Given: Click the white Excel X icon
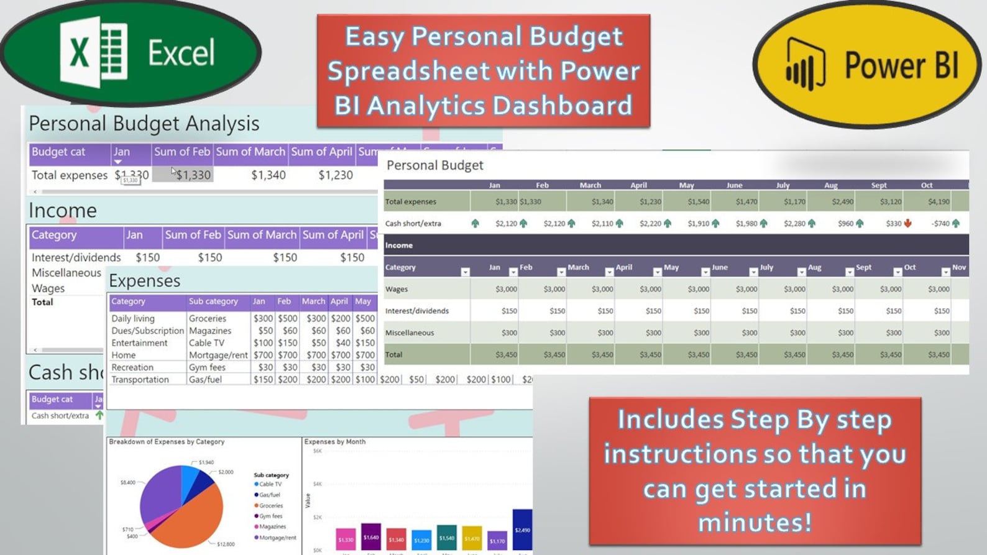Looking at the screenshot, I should (x=80, y=52).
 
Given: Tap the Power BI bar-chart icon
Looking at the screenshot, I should (x=805, y=65).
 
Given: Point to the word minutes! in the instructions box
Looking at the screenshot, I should (x=755, y=521).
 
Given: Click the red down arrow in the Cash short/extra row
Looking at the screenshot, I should (x=907, y=223).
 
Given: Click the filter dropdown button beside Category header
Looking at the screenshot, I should (x=465, y=272).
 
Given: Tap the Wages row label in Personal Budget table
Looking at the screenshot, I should (x=397, y=289).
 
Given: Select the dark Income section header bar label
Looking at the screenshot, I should (x=399, y=245).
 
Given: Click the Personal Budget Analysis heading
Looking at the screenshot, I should (x=144, y=123).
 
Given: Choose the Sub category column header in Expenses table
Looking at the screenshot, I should (x=213, y=301).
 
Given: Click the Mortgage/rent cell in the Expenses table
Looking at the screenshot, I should (x=218, y=355).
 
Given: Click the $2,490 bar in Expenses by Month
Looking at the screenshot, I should (x=522, y=530).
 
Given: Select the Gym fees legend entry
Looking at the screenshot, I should (x=270, y=516).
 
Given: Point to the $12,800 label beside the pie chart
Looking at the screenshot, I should (x=225, y=544).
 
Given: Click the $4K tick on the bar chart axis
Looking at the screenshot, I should (x=317, y=484).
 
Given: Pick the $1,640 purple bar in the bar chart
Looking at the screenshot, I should (x=371, y=536).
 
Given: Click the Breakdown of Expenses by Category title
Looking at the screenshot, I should (x=167, y=442).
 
